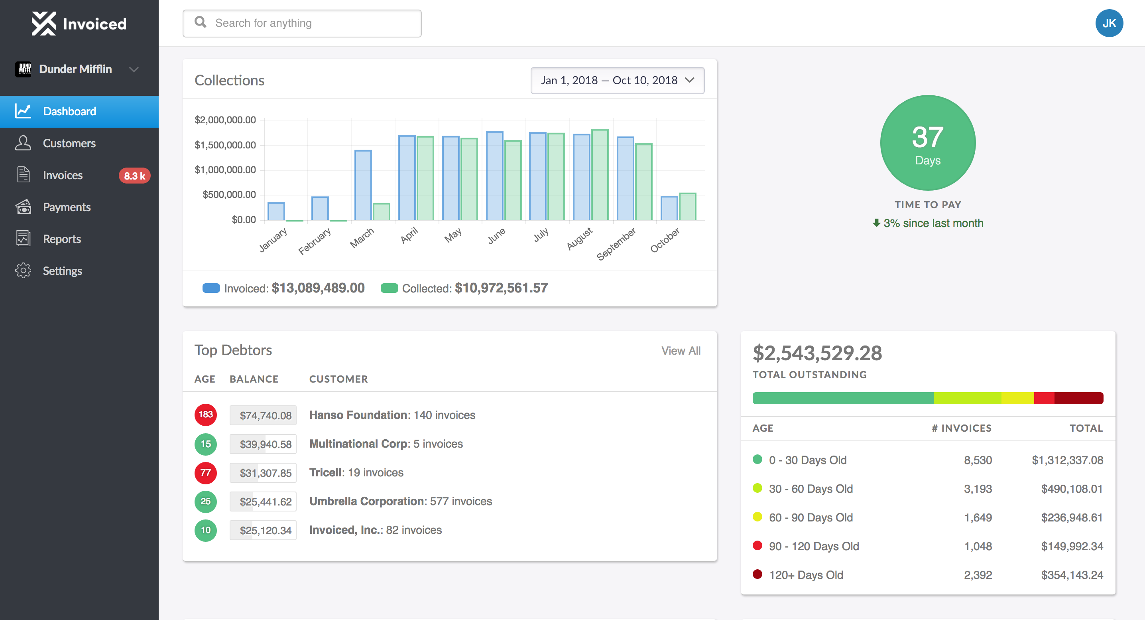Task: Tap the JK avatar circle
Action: click(1109, 23)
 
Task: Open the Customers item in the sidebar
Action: click(69, 143)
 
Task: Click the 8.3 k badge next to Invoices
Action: click(134, 176)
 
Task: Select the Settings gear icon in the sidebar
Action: click(23, 271)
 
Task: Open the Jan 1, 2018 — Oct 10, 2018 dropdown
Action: click(617, 81)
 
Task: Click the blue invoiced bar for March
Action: click(363, 186)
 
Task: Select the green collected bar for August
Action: click(600, 175)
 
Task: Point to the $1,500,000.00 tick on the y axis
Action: click(225, 145)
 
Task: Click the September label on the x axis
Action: click(616, 244)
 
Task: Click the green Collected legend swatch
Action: click(389, 288)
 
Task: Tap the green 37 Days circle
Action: click(927, 143)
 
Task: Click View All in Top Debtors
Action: click(681, 351)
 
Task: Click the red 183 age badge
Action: click(205, 415)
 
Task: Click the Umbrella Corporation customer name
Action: click(367, 501)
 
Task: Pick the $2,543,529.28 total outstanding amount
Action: click(817, 353)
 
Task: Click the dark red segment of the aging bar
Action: click(1078, 398)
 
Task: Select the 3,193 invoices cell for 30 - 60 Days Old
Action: click(978, 489)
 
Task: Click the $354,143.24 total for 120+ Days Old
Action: click(1072, 575)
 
